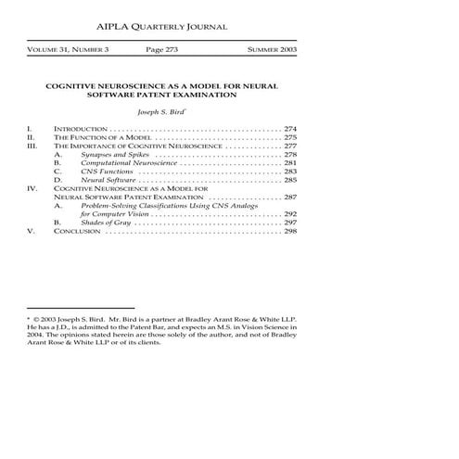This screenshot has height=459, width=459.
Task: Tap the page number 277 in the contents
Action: (290, 147)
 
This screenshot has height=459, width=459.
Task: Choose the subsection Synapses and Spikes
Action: (110, 155)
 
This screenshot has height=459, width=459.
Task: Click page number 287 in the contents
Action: (290, 198)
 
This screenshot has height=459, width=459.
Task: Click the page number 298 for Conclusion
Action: (290, 232)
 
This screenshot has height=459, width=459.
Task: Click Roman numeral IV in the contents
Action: (32, 189)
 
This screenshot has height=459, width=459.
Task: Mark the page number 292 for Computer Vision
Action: (290, 215)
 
